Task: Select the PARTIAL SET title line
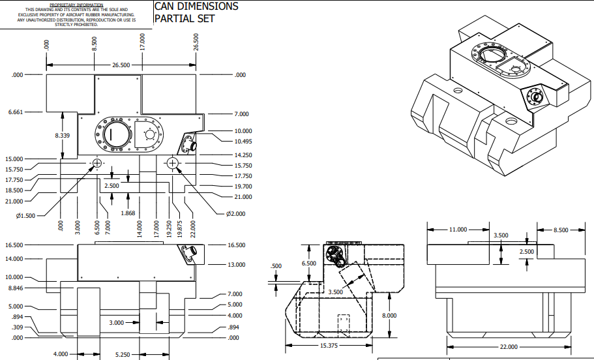[x=185, y=18]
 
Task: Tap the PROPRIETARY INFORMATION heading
[x=77, y=5]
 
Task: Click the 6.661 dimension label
[x=16, y=112]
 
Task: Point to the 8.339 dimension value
[x=63, y=135]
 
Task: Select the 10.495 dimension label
[x=243, y=141]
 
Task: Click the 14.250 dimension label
[x=243, y=155]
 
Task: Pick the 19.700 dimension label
[x=243, y=187]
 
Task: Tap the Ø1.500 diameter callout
[x=27, y=215]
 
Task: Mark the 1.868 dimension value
[x=128, y=213]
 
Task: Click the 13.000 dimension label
[x=236, y=265]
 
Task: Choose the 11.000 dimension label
[x=458, y=230]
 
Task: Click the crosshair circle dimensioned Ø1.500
[x=97, y=163]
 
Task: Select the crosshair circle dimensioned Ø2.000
[x=173, y=163]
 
